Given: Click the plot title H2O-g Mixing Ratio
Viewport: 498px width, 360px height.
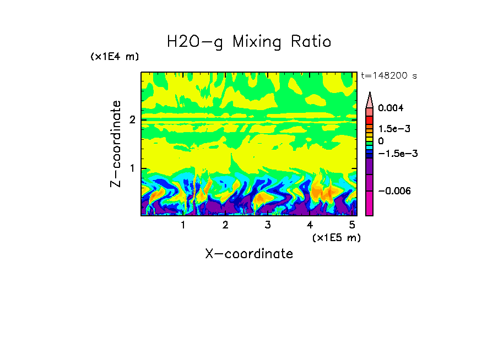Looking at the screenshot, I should point(249,41).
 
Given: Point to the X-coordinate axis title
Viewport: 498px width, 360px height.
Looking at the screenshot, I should point(249,254).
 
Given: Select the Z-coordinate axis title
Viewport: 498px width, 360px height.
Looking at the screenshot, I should point(116,144).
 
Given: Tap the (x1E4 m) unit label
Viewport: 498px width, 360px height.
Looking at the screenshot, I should point(115,57).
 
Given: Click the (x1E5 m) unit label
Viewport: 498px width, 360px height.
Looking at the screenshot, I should point(336,237).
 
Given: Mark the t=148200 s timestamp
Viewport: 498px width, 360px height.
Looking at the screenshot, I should point(388,76).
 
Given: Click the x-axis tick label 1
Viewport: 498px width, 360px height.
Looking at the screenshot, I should point(183,225).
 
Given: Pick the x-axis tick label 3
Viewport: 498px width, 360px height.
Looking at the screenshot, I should point(267,225).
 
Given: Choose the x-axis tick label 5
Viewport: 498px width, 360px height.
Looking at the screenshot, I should point(352,225).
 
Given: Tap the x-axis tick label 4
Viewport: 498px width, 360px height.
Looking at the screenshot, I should point(310,225).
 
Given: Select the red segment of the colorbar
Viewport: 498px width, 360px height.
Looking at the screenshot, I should point(369,120).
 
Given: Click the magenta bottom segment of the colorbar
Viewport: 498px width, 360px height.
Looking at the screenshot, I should point(369,204).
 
